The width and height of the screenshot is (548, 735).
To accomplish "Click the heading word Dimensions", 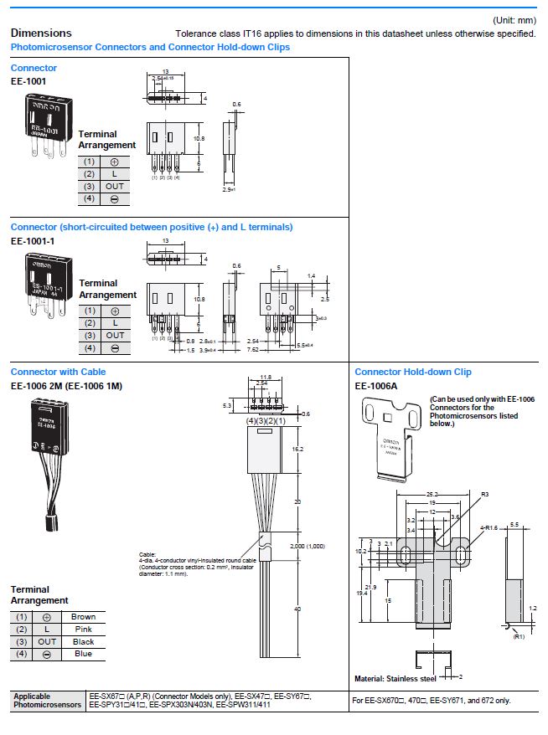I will [x=41, y=33].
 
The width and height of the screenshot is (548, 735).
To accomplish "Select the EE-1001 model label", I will [x=28, y=81].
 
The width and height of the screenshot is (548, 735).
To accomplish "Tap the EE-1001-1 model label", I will [x=33, y=240].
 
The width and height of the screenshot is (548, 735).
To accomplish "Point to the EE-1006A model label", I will [x=376, y=386].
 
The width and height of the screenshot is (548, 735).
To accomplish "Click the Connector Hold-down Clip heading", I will [x=413, y=372].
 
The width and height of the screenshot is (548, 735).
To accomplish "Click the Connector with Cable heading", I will [x=59, y=372].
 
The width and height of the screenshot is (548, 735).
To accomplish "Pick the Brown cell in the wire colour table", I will [x=83, y=617].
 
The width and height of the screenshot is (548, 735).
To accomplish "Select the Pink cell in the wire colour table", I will [x=83, y=630].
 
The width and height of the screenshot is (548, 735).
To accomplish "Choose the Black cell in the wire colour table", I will [x=83, y=642].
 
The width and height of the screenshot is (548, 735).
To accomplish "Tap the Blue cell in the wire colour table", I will [x=83, y=654].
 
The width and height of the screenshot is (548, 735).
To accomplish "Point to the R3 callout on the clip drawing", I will [x=483, y=495].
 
